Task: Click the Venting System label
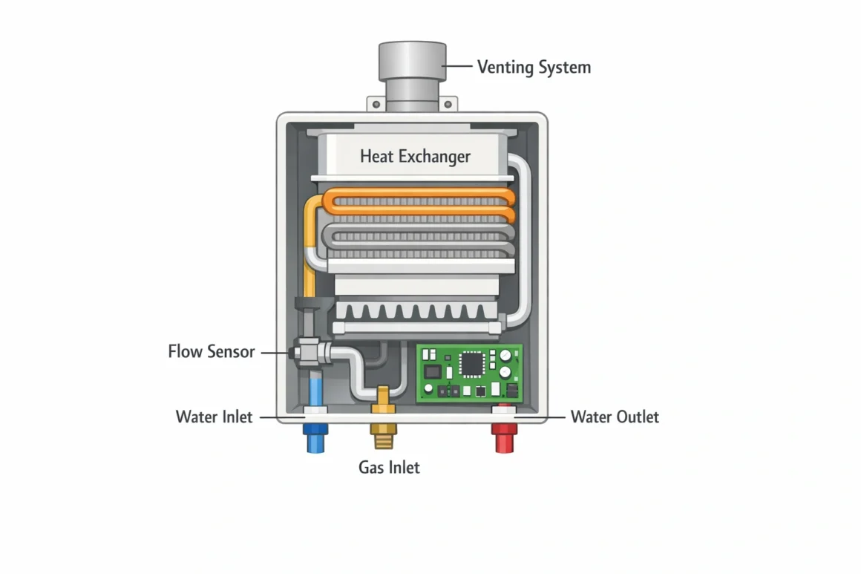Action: (x=534, y=68)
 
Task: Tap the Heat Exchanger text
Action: (x=415, y=157)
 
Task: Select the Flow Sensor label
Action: (x=211, y=351)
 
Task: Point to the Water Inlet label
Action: (x=214, y=417)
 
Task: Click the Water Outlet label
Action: (x=615, y=417)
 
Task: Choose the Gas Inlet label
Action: (x=389, y=467)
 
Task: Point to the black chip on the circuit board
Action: (x=471, y=362)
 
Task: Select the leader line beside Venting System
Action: (x=458, y=67)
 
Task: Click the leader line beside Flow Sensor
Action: (x=273, y=353)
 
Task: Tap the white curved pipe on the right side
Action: (x=526, y=238)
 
